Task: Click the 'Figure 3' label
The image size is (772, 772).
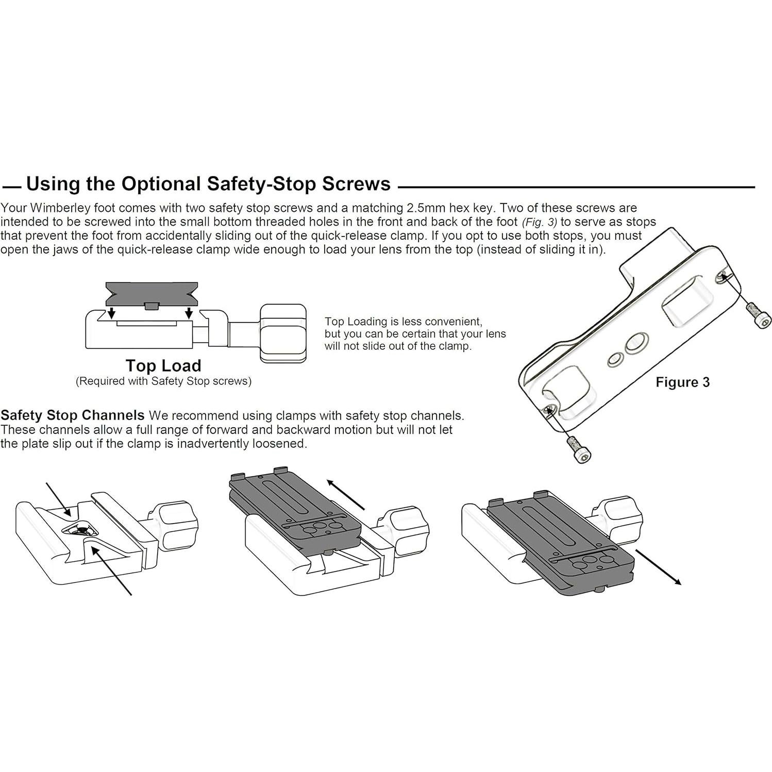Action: pos(682,382)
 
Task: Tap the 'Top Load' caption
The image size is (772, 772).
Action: pos(163,365)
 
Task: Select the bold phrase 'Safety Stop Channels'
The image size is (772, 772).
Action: pos(73,415)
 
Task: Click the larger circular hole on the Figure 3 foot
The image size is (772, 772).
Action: pos(637,344)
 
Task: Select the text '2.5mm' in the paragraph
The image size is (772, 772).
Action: pos(426,208)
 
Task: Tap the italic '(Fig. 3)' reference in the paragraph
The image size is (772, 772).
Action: pos(540,222)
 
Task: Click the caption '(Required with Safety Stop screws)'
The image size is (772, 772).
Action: pos(163,381)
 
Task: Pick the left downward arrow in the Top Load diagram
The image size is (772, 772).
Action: pos(111,313)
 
